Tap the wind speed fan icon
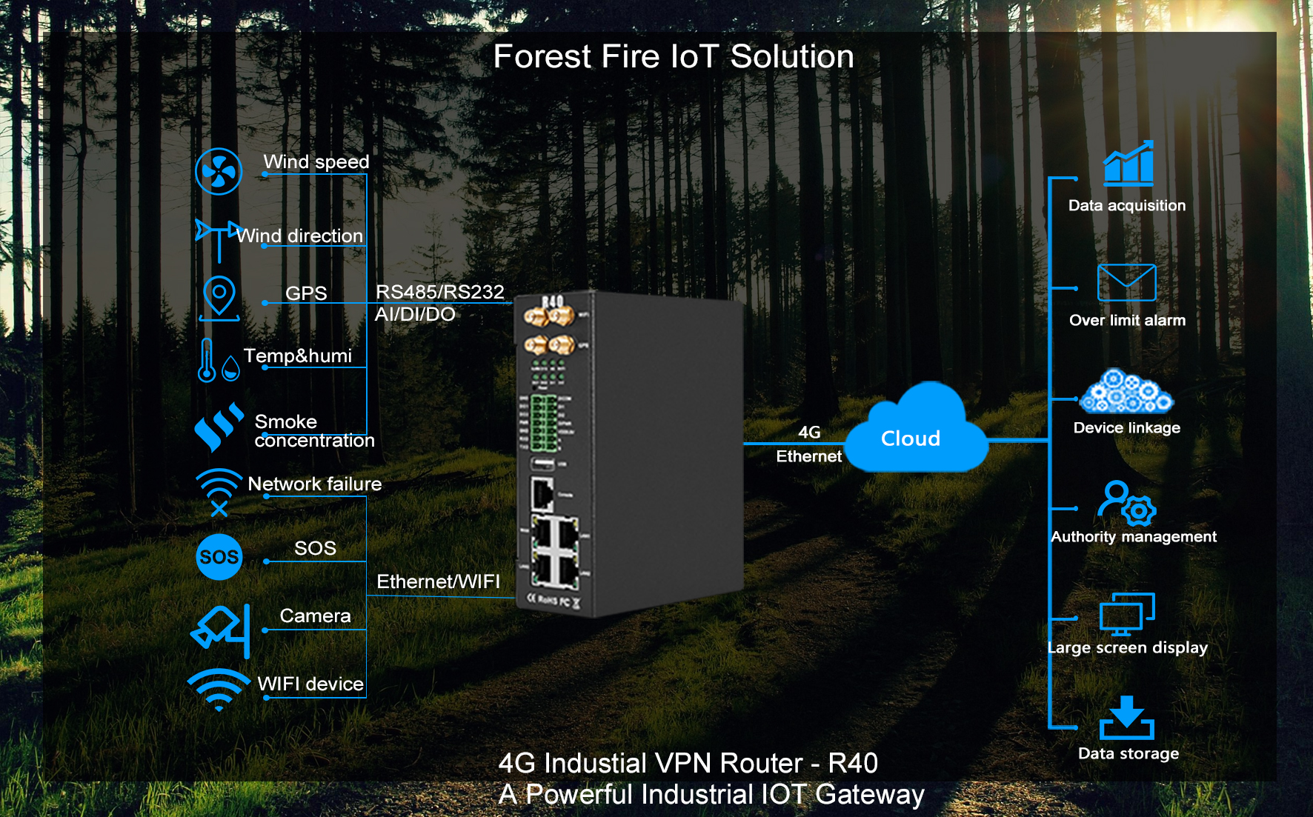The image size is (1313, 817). pyautogui.click(x=219, y=172)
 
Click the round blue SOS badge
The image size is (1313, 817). pyautogui.click(x=219, y=557)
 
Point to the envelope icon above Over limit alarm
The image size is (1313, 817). pyautogui.click(x=1126, y=282)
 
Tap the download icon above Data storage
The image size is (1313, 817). pyautogui.click(x=1127, y=718)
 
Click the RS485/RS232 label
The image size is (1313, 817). pyautogui.click(x=439, y=292)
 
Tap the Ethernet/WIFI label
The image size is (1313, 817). pyautogui.click(x=438, y=581)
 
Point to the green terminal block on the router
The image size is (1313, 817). pyautogui.click(x=543, y=422)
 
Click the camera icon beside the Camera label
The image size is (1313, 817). pyautogui.click(x=221, y=630)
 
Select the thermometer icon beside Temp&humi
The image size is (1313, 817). pyautogui.click(x=207, y=360)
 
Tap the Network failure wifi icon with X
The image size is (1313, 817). pyautogui.click(x=219, y=492)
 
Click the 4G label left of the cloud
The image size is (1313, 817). pyautogui.click(x=809, y=432)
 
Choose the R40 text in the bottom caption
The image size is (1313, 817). pyautogui.click(x=853, y=763)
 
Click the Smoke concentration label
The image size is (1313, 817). pyautogui.click(x=313, y=431)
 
